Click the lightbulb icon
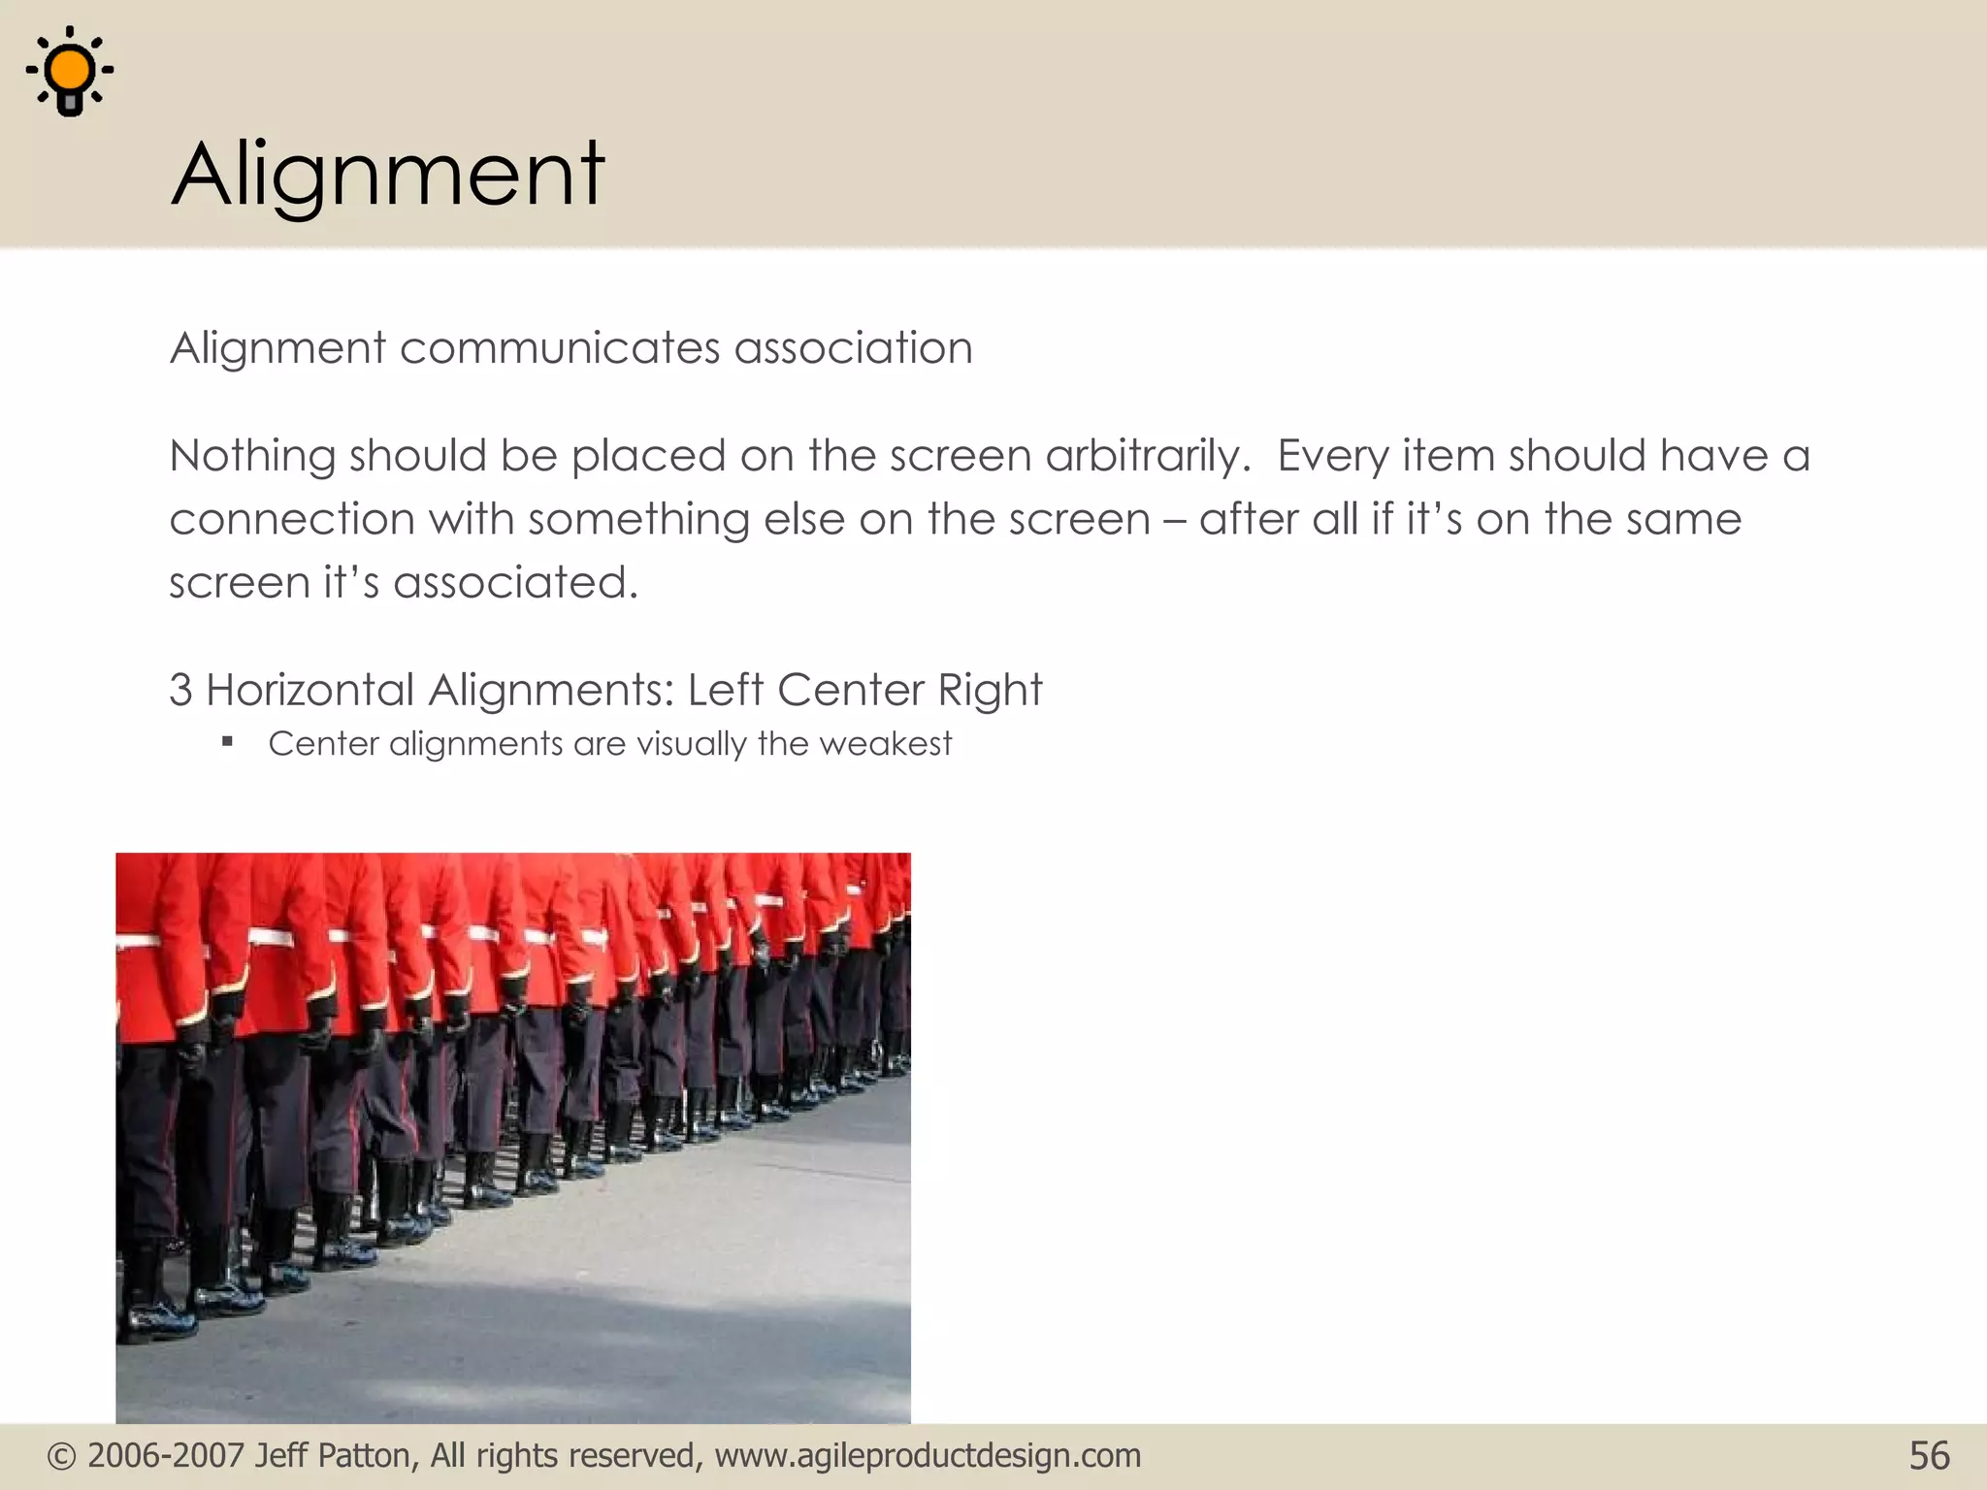click(70, 72)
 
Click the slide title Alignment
click(388, 175)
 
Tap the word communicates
click(560, 348)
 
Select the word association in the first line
click(853, 348)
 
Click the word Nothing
click(252, 456)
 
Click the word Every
click(1332, 456)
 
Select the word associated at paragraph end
click(515, 583)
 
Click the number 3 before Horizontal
click(180, 691)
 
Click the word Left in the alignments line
click(726, 691)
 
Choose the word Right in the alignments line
click(990, 691)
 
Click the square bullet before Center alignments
click(228, 743)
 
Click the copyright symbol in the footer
click(61, 1456)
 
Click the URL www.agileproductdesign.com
click(928, 1456)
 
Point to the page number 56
click(1929, 1456)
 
